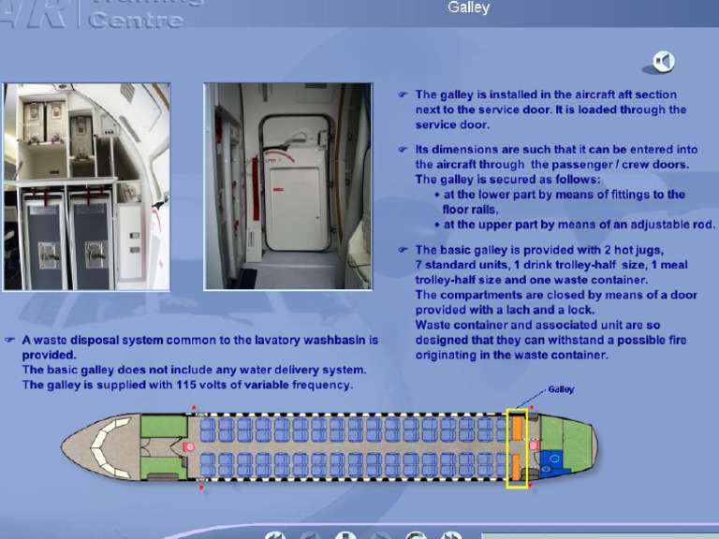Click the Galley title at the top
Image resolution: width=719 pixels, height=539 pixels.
click(468, 8)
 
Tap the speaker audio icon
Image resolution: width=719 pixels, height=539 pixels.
click(664, 62)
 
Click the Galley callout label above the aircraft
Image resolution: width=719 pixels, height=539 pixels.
click(561, 389)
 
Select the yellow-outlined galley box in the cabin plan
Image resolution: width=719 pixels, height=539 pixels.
click(517, 448)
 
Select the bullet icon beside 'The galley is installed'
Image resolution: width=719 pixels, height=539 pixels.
click(403, 95)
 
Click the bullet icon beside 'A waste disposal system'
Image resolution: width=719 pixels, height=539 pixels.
click(9, 341)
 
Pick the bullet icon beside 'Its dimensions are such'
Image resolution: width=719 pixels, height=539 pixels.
click(403, 150)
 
